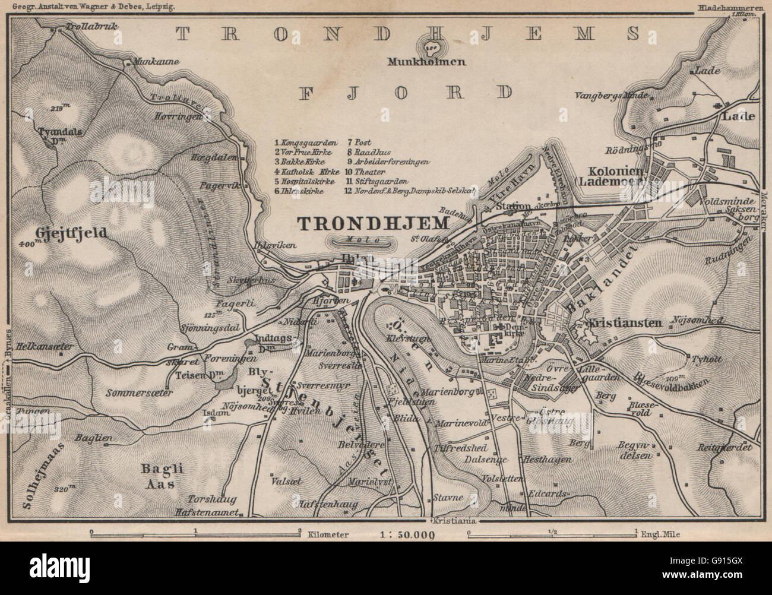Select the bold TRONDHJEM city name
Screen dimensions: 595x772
[371, 223]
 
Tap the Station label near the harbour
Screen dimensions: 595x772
[512, 206]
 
